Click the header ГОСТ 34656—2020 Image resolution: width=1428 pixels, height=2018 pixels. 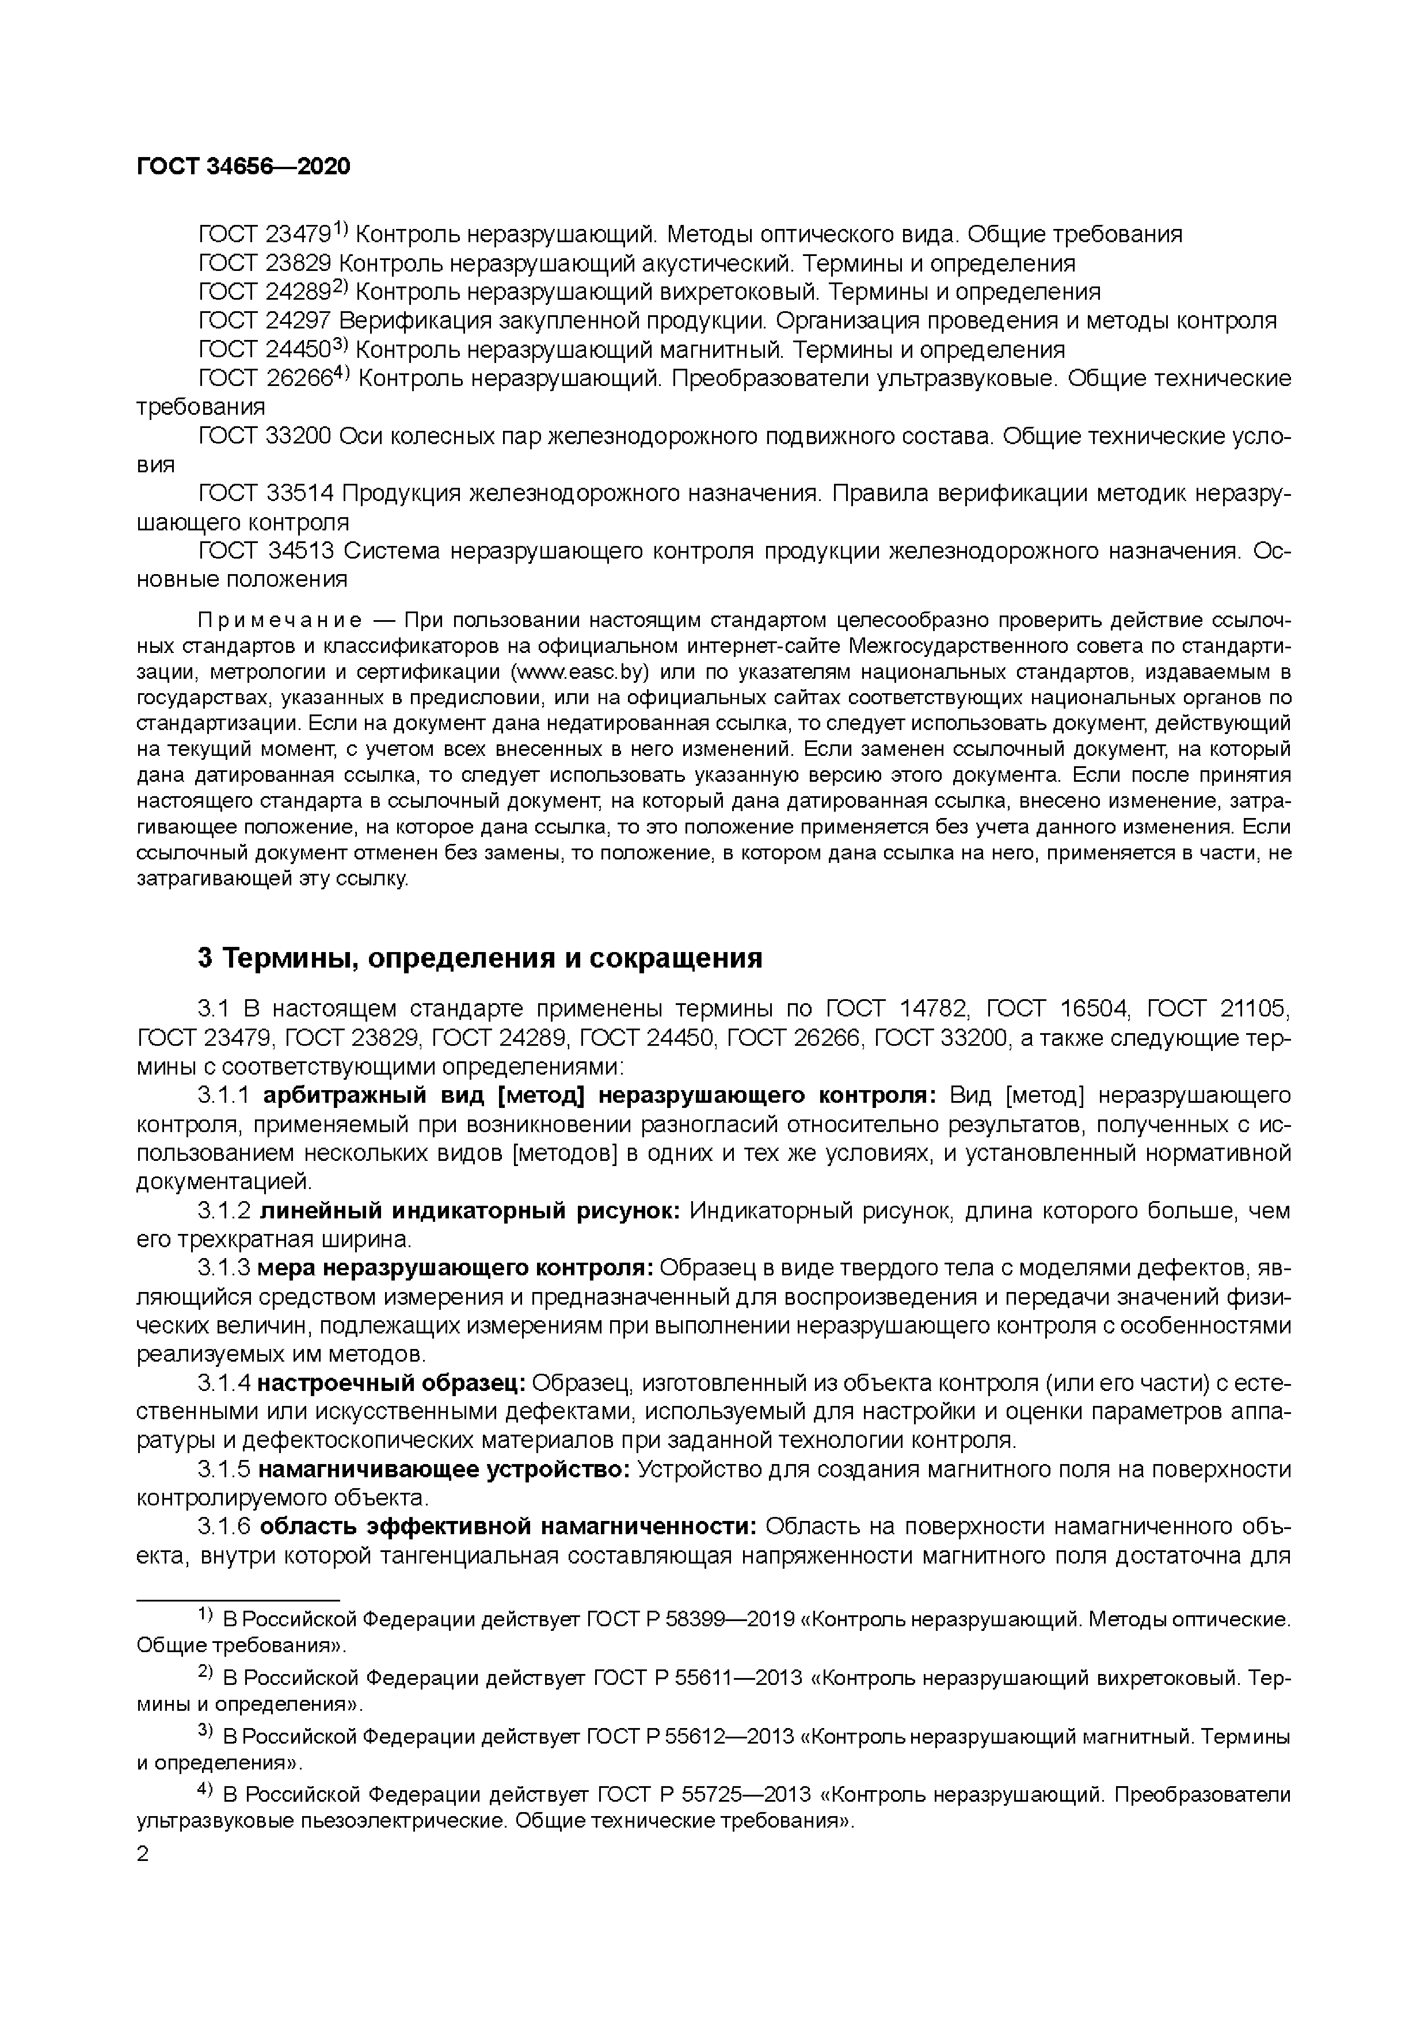(x=243, y=166)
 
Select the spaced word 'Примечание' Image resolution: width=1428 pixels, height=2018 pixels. (x=280, y=621)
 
